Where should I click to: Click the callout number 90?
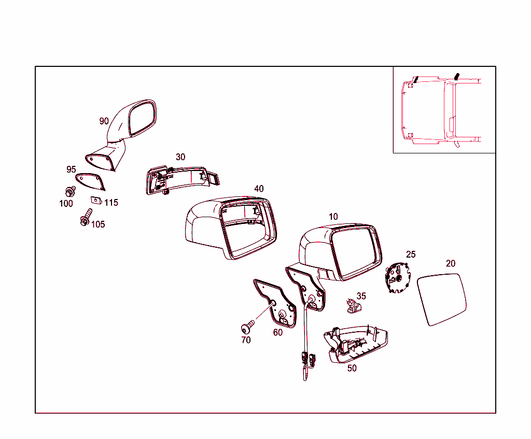104,121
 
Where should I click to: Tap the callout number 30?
180,157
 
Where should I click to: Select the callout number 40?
259,189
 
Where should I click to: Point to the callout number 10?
333,217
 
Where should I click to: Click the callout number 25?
411,254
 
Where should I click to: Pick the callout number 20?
451,263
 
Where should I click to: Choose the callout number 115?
111,203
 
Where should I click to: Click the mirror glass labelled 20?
442,299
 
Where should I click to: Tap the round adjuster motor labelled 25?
398,277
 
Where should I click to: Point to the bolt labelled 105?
86,217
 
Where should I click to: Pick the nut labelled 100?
71,192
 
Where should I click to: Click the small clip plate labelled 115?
96,201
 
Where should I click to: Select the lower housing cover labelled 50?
356,345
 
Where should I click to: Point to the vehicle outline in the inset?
441,110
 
